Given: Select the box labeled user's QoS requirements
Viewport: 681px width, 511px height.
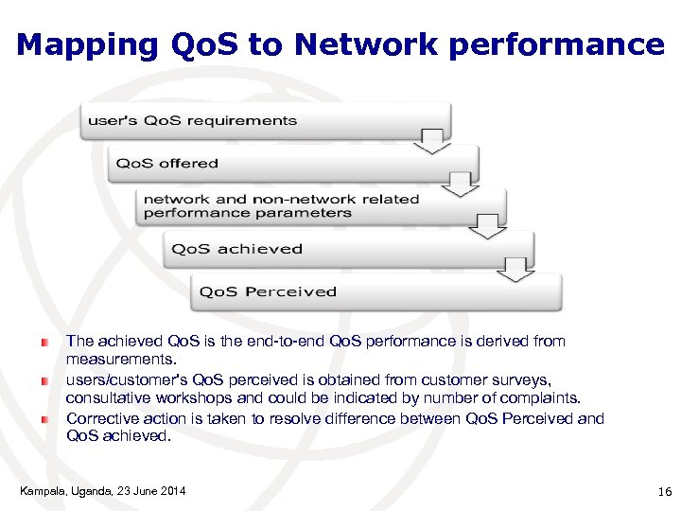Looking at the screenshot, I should click(x=265, y=121).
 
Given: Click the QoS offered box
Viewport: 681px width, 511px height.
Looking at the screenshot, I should click(x=293, y=164).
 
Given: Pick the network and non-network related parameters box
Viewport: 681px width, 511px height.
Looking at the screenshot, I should click(x=322, y=206).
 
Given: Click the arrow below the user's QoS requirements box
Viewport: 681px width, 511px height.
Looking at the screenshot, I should click(x=433, y=143).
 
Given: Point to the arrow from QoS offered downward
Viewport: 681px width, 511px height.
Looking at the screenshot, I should click(x=461, y=185).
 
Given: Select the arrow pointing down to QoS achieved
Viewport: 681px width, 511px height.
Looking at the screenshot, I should click(x=488, y=227).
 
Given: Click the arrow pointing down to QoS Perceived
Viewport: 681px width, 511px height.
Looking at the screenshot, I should click(x=515, y=271).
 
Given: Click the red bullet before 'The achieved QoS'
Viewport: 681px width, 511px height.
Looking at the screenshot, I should click(x=44, y=341).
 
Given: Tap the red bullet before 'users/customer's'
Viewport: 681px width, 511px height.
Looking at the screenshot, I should click(x=44, y=379).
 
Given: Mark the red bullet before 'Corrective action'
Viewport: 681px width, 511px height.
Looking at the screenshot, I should click(x=44, y=418).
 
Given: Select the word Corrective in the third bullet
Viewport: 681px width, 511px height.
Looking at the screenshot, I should click(x=100, y=418).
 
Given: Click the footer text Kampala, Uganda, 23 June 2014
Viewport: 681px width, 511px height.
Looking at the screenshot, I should click(x=102, y=490).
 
